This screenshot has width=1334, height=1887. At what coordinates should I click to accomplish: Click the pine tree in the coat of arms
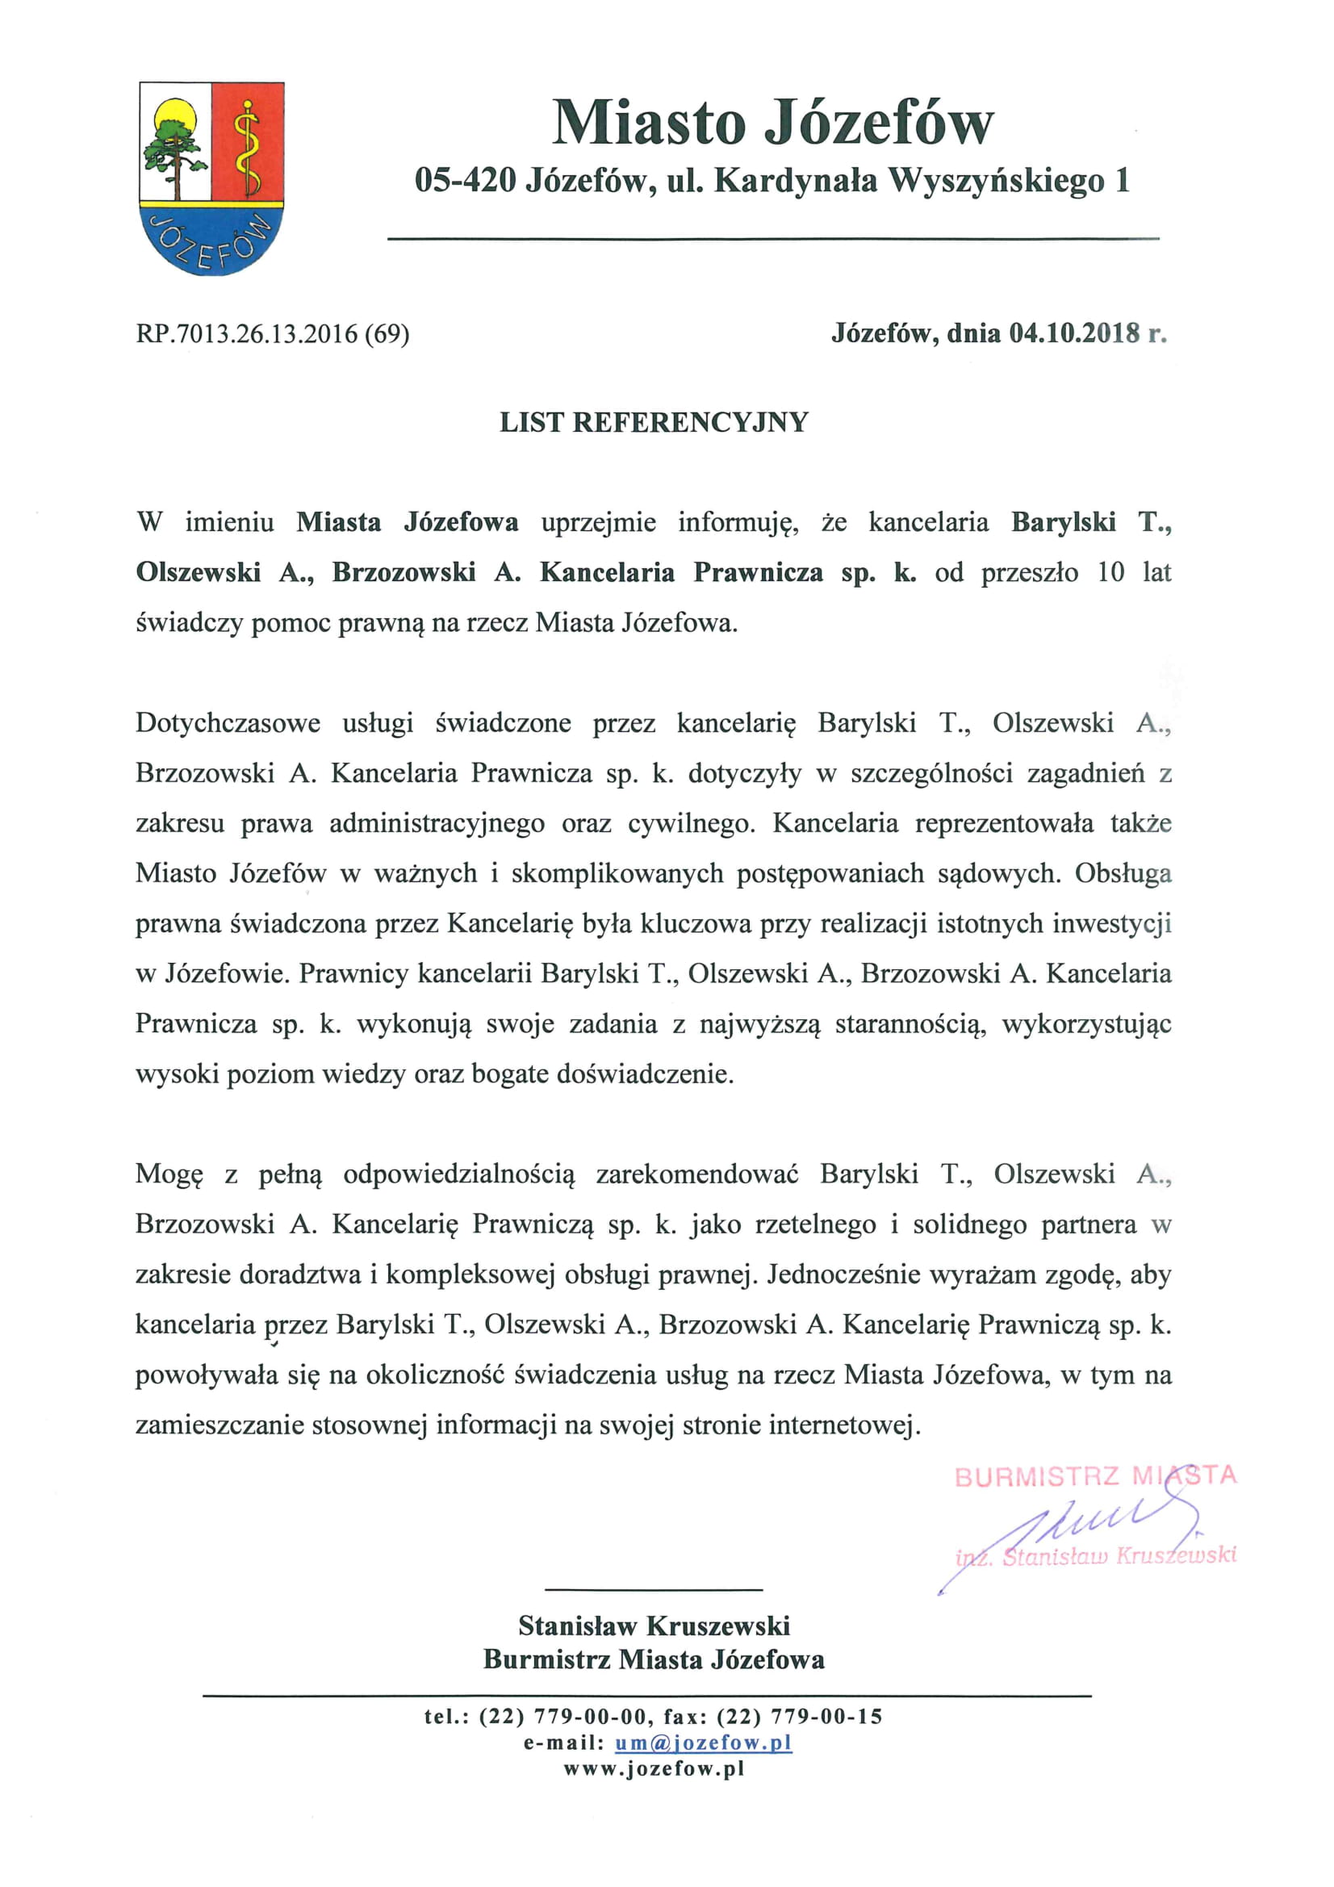(174, 152)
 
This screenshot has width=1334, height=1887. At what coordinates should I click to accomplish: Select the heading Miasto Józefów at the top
(772, 123)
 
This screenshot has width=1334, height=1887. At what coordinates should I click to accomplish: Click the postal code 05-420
(464, 181)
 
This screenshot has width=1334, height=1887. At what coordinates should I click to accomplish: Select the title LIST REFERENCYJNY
(654, 422)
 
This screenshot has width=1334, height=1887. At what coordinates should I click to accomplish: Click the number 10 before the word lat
(1110, 573)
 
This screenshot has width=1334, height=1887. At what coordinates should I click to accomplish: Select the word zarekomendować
(697, 1175)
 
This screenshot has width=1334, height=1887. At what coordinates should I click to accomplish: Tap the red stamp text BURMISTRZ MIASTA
(1095, 1477)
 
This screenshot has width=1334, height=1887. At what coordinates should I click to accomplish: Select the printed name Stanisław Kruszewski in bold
(654, 1625)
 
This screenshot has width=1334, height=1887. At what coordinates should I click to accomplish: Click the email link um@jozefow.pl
(703, 1743)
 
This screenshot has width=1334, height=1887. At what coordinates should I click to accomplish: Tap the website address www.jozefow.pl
(654, 1769)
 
